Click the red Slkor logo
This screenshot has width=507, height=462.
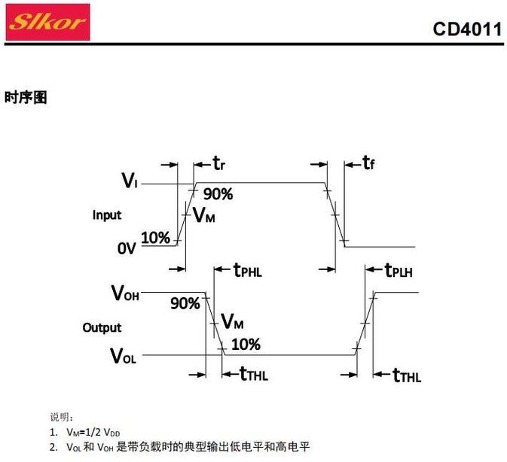pos(47,22)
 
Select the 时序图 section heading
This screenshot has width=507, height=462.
pos(26,97)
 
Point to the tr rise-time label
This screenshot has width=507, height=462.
pos(219,163)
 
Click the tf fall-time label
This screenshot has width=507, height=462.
pos(369,163)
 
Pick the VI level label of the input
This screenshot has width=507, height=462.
pos(129,181)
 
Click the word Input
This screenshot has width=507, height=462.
pos(107,215)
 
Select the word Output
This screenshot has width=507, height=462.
pos(102,328)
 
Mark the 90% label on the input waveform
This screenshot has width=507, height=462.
pos(218,194)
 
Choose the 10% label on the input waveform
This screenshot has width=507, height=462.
pos(155,238)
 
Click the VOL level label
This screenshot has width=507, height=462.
pos(124,355)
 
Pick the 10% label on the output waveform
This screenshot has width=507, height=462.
pos(246,345)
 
